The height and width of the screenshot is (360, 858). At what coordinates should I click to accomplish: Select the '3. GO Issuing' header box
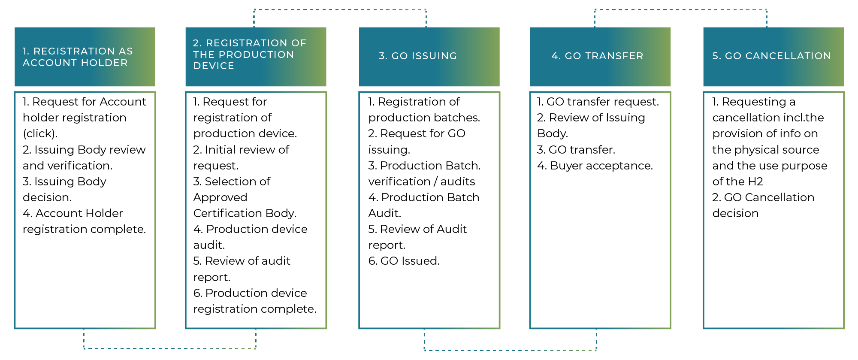[429, 57]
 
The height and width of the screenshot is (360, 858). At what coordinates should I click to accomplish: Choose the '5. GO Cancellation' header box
[773, 57]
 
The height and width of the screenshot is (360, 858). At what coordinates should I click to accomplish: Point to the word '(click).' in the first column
[40, 133]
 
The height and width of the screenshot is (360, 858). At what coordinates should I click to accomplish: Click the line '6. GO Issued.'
[404, 261]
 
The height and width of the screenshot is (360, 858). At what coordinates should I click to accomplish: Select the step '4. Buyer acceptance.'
[595, 166]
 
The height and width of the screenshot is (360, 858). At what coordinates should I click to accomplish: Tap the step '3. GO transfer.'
[576, 150]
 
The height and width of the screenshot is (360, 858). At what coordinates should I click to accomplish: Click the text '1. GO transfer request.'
[598, 102]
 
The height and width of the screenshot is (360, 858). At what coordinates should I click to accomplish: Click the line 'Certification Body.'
[245, 213]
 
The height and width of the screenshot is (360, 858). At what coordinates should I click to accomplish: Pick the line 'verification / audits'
[422, 182]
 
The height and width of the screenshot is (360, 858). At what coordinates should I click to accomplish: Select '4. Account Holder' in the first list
[73, 213]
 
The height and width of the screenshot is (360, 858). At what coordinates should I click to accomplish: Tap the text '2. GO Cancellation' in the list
[763, 197]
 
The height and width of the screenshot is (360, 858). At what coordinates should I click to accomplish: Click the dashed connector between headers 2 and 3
[340, 9]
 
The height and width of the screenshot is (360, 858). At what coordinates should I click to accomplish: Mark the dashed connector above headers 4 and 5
[680, 9]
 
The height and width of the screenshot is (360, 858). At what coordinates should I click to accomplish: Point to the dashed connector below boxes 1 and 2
[169, 348]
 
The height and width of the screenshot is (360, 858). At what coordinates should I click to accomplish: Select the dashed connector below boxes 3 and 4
[510, 350]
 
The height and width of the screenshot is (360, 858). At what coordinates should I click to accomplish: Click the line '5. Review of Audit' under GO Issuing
[417, 229]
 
